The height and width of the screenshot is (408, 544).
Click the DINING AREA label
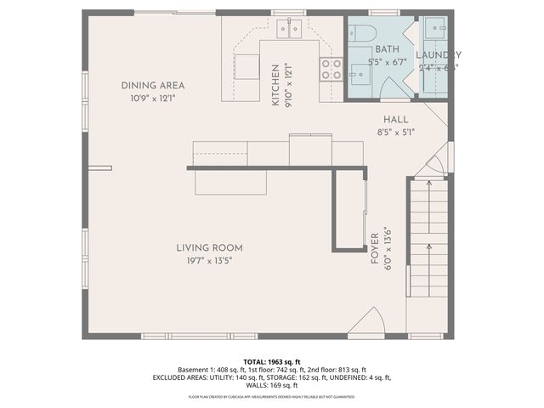pos(152,85)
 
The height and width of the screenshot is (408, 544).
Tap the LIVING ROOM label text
pos(204,247)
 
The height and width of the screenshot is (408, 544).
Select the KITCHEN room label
pos(275,85)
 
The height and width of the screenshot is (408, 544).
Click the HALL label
pos(395,120)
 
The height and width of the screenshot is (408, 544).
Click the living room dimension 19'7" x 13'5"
pos(204,260)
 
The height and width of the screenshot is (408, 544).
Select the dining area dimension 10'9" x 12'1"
pos(152,98)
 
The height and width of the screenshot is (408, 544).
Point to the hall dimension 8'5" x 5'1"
pos(395,132)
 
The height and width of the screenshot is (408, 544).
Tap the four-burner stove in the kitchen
pos(331,69)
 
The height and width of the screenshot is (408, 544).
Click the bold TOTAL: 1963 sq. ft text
pos(272,362)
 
